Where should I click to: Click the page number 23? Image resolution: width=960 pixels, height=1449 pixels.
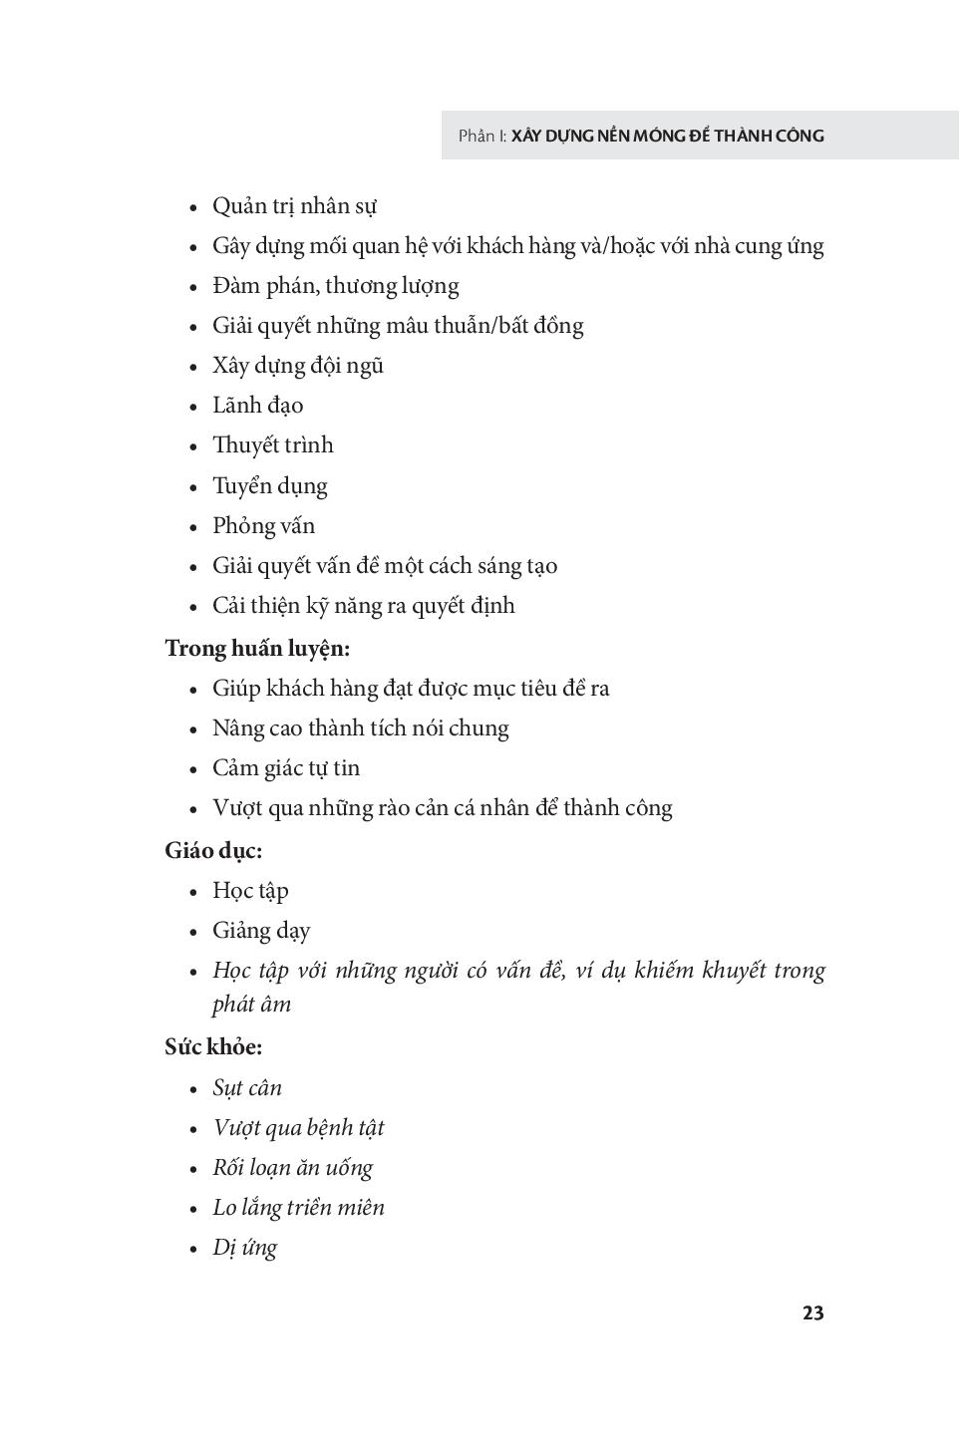coord(812,1312)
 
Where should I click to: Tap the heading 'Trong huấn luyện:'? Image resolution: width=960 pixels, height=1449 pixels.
coord(257,648)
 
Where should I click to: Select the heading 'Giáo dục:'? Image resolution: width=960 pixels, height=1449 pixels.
coord(213,850)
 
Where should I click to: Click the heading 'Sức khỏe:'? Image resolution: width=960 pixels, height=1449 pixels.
coord(213,1046)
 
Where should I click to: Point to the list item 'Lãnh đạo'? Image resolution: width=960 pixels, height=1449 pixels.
coord(257,406)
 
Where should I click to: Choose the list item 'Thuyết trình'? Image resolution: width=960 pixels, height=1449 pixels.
coord(272,445)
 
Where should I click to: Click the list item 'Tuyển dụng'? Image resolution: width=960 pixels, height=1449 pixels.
coord(269,486)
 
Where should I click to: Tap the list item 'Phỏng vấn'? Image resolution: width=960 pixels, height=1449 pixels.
coord(263,526)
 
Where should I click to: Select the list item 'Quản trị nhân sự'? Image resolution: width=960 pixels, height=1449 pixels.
coord(294,206)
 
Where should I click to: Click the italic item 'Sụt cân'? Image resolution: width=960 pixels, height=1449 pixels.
coord(247,1087)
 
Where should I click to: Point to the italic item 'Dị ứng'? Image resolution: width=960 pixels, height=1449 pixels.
coord(244,1248)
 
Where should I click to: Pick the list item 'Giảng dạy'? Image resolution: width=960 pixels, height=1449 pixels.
coord(261,931)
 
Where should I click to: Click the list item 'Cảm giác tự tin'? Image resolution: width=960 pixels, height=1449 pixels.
coord(286,768)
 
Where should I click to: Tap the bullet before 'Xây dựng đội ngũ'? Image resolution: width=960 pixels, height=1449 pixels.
coord(194,367)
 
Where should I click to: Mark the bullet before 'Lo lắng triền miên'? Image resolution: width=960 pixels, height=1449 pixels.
coord(194,1209)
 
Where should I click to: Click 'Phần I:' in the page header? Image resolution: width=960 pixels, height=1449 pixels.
coord(482,136)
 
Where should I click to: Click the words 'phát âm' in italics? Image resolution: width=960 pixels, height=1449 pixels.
coord(251,1004)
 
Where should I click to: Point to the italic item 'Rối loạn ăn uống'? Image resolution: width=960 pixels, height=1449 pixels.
coord(292,1168)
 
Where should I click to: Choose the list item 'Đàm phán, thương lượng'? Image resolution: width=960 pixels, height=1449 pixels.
coord(335,286)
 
